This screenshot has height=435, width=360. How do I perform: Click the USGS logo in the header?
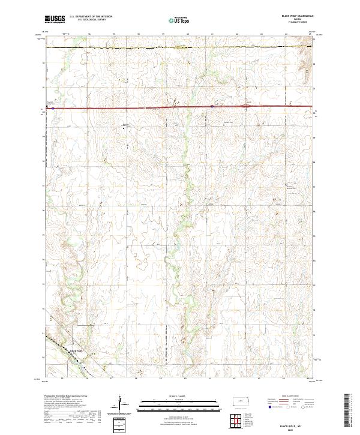click(x=54, y=19)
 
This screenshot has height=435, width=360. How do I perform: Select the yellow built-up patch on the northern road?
click(x=179, y=47)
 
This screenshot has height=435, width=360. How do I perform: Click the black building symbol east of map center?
click(x=286, y=184)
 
